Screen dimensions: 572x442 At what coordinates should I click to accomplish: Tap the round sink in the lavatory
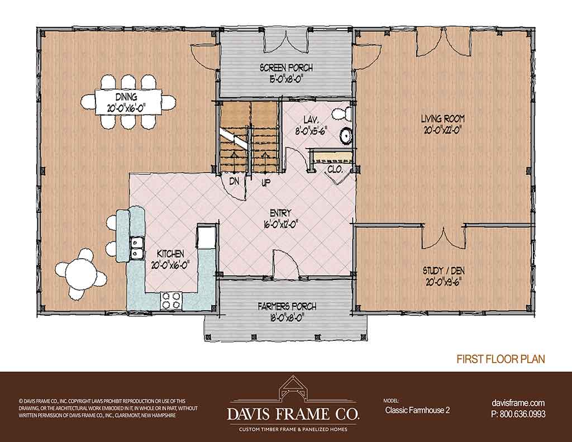point(346,136)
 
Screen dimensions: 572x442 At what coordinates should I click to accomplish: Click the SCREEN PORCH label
point(286,68)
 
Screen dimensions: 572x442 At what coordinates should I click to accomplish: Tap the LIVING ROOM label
point(442,118)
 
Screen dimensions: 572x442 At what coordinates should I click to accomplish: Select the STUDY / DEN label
point(444,271)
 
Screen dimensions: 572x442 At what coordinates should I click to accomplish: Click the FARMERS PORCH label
point(287,307)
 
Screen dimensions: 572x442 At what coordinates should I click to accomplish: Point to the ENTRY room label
point(280,213)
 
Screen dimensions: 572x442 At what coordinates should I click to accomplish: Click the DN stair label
point(234,181)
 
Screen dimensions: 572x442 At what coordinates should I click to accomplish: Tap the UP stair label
point(266,182)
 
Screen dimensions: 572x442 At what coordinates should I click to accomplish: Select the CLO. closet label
point(335,169)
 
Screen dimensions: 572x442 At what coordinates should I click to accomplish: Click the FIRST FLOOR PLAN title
point(501,359)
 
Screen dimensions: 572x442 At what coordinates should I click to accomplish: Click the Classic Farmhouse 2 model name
point(417,410)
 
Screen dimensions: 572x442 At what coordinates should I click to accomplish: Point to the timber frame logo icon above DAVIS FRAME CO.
point(293,388)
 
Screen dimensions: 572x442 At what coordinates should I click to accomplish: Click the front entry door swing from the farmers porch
point(286,264)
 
